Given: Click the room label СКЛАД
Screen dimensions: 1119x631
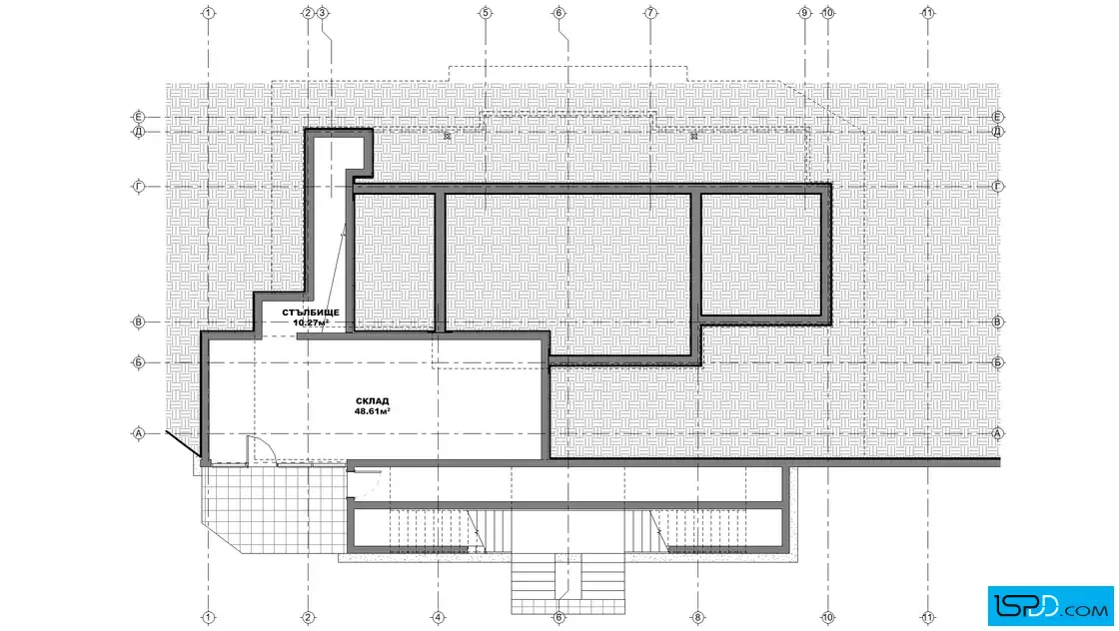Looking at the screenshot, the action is point(373,401).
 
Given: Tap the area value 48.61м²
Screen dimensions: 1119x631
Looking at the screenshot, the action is point(373,411).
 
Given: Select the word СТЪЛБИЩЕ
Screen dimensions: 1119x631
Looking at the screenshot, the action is point(311,313).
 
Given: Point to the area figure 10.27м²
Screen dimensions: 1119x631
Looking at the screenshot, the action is point(311,322).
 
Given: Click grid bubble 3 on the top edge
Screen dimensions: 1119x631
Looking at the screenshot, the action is point(322,13).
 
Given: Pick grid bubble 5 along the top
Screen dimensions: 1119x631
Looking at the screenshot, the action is point(486,13).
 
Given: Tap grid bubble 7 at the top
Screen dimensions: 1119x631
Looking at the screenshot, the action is point(650,13).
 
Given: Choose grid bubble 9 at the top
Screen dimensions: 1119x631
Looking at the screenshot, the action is point(805,13).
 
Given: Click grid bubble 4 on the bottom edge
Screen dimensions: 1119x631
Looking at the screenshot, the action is point(439,617).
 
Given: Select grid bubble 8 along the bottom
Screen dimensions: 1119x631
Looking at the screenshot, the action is point(697,617).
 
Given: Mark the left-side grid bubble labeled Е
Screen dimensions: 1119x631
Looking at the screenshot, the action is point(139,116).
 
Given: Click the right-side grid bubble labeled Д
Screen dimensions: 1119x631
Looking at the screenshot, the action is point(998,131).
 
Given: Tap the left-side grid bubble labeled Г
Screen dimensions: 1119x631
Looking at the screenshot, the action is point(139,187).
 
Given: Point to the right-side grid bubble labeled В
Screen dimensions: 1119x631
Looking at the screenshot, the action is point(998,322).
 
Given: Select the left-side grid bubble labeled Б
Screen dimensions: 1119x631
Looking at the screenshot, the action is point(139,362).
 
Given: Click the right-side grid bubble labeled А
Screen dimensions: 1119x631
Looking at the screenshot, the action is point(998,433).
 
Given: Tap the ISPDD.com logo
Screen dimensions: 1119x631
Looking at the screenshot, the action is point(1050,606).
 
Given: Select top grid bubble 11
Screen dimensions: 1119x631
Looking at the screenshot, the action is point(928,13).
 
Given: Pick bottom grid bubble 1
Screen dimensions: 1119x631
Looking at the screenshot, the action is point(209,617).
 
